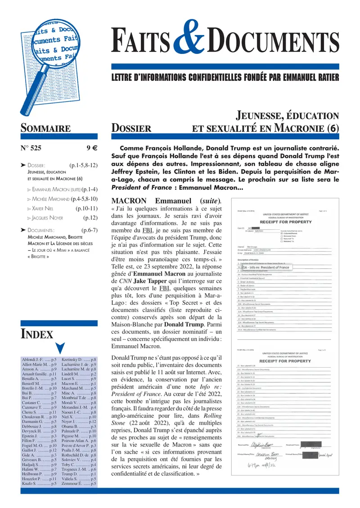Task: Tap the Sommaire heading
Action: point(45,129)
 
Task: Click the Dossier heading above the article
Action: point(131,129)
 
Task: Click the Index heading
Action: point(37,321)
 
